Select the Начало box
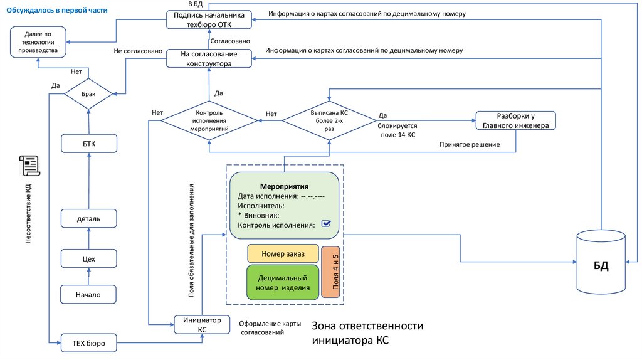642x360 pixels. tap(88, 294)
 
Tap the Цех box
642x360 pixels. tap(88, 258)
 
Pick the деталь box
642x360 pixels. tap(88, 218)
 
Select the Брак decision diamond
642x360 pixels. tap(88, 94)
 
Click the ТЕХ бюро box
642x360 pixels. tap(88, 343)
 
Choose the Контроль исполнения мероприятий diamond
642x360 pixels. tap(209, 120)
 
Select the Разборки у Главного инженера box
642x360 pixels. tap(515, 120)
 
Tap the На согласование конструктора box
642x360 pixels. tap(209, 58)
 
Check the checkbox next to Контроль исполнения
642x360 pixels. tap(325, 224)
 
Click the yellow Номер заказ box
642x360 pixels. tap(283, 253)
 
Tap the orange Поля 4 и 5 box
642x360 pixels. tap(335, 272)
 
